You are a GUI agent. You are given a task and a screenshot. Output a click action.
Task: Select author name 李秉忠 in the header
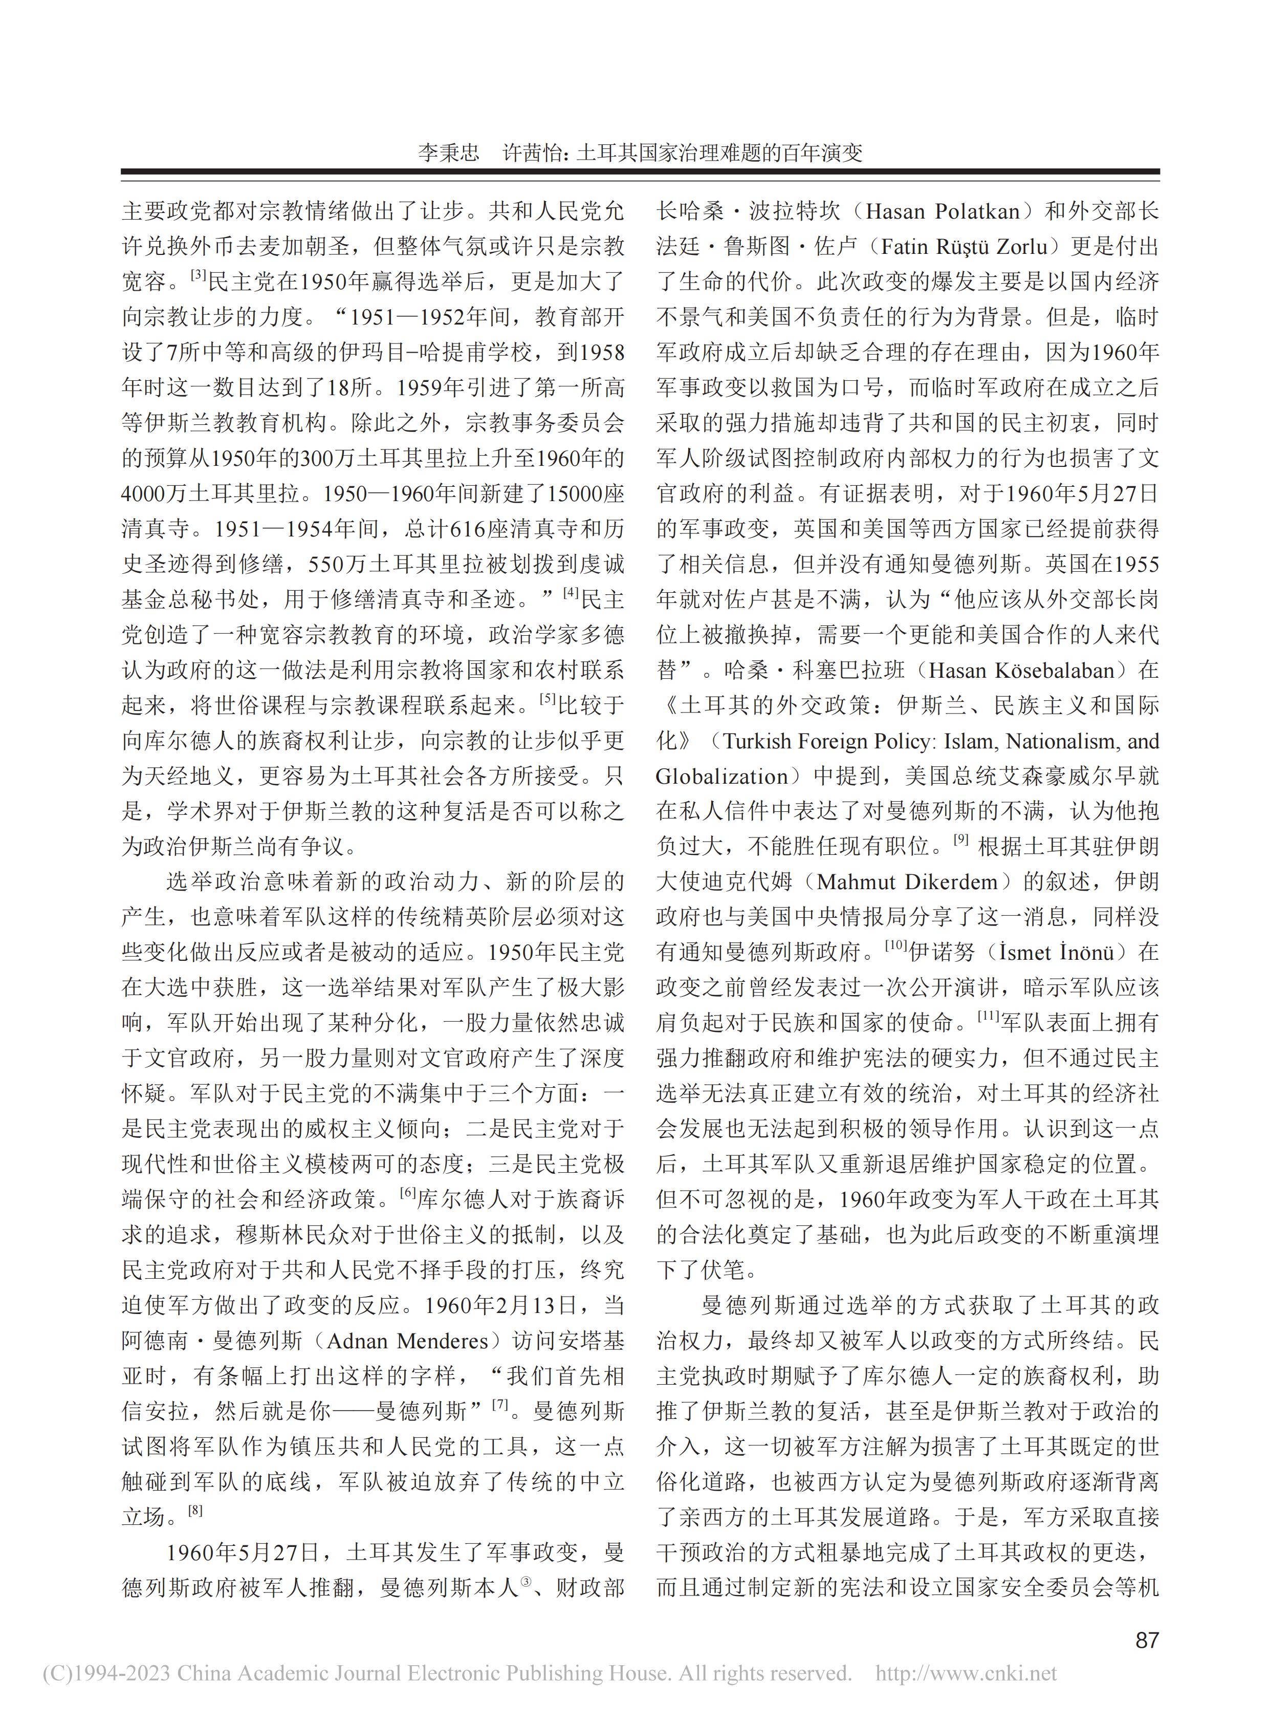point(449,152)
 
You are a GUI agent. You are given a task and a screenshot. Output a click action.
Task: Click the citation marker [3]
point(198,274)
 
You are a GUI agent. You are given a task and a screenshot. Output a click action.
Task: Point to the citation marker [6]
point(407,1192)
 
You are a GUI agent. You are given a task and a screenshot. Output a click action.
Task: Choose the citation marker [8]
point(195,1510)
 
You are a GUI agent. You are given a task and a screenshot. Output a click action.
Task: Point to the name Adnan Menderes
point(408,1342)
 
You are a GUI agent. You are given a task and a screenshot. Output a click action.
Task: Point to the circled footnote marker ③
point(527,1580)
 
